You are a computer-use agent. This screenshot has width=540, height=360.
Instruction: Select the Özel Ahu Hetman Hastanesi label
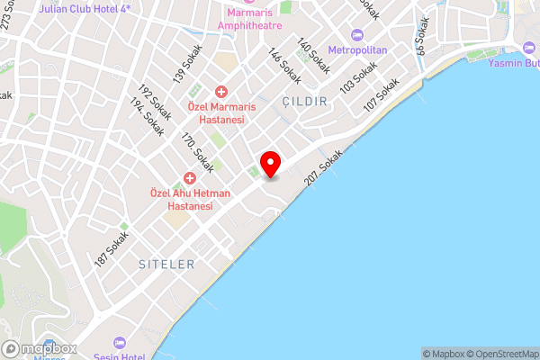tap(189, 199)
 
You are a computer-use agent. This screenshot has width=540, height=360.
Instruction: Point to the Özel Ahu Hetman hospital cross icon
tap(190, 177)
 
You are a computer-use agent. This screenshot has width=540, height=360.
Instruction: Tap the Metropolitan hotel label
tap(357, 49)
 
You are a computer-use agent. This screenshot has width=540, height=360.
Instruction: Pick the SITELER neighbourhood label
tap(166, 265)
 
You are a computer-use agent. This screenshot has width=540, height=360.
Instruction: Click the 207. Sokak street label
tap(324, 167)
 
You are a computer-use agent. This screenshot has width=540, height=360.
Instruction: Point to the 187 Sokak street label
tap(112, 250)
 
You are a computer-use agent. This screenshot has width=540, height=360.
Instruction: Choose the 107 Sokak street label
tap(381, 96)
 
